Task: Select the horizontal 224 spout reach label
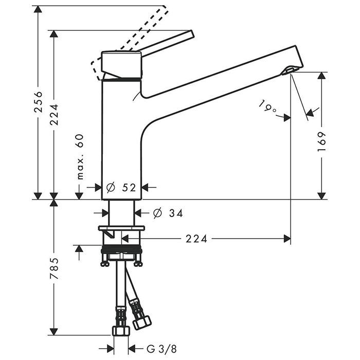pos(196,239)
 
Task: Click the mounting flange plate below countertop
pos(121,228)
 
